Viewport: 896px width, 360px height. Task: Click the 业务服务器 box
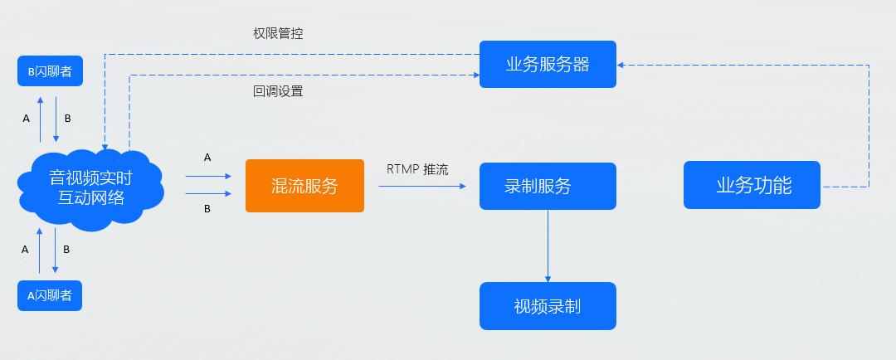pos(548,64)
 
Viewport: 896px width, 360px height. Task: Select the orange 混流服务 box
pos(304,186)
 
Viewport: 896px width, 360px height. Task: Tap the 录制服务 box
pos(548,186)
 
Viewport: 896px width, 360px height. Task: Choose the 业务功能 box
pos(752,185)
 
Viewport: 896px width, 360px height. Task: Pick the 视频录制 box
pos(548,306)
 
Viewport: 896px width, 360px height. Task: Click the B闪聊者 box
pos(50,71)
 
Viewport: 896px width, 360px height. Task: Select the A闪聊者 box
pos(50,295)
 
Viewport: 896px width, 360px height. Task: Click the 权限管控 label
pos(278,34)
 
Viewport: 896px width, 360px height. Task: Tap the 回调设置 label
pos(278,91)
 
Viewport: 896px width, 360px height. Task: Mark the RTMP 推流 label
pos(417,169)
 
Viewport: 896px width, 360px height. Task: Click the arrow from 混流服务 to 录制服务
pos(423,187)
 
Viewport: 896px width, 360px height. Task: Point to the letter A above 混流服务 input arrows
pos(207,157)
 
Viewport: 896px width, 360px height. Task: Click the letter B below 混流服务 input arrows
pos(207,209)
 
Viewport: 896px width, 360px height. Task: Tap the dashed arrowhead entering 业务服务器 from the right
pos(621,64)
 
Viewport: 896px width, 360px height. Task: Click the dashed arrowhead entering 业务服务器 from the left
pos(475,75)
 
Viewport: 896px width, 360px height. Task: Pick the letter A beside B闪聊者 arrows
pos(27,119)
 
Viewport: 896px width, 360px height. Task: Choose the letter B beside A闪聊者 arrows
pos(66,249)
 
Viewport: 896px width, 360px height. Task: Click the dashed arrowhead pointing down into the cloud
pos(105,147)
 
